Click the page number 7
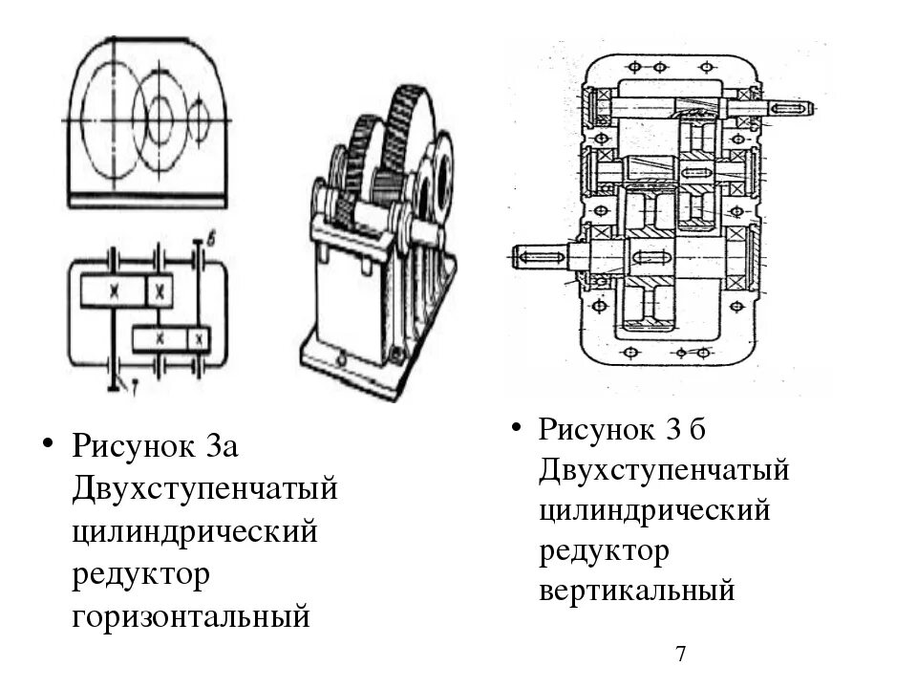pyautogui.click(x=681, y=655)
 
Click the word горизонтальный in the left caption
pyautogui.click(x=191, y=616)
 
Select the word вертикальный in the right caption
pyautogui.click(x=637, y=591)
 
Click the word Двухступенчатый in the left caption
pyautogui.click(x=204, y=489)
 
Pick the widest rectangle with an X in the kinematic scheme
pyautogui.click(x=113, y=290)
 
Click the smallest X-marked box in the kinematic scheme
pyautogui.click(x=198, y=338)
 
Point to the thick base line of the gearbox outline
pyautogui.click(x=148, y=199)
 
